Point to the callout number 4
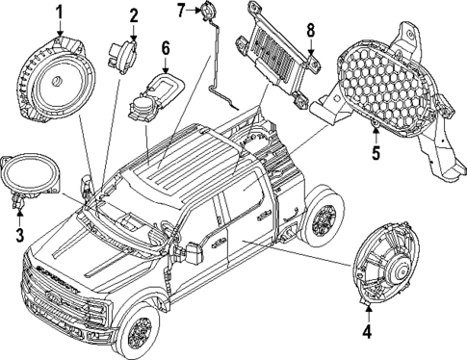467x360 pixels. click(367, 333)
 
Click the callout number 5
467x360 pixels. click(376, 151)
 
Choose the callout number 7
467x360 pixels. click(180, 11)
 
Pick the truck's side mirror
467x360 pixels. click(192, 253)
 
